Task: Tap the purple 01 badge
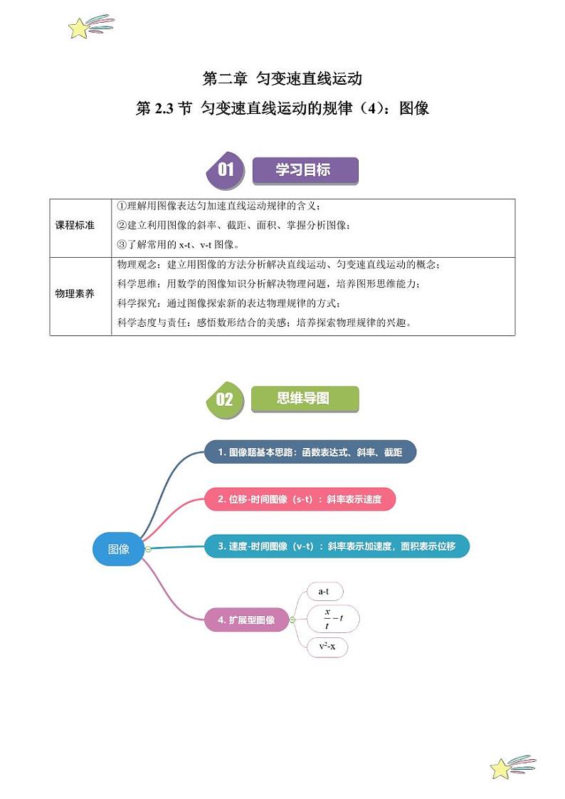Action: point(225,170)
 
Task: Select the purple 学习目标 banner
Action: point(305,171)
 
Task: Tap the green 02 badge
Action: point(224,399)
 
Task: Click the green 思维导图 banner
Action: point(305,398)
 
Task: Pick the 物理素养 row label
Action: point(75,293)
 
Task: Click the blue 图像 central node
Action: point(118,549)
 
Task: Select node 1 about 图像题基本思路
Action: point(310,452)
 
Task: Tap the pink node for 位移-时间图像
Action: point(300,499)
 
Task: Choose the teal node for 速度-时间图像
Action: point(337,546)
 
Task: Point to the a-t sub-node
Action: point(324,592)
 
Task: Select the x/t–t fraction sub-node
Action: point(333,620)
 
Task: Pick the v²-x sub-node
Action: point(327,647)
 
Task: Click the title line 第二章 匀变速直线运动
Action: point(282,78)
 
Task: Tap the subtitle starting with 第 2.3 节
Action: point(282,109)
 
